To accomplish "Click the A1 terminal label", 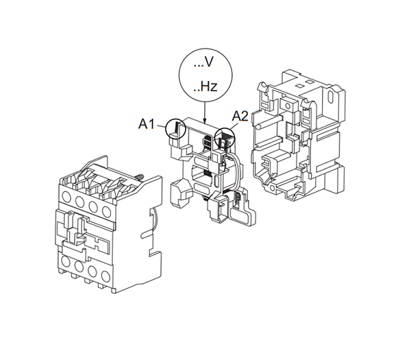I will tap(147, 124).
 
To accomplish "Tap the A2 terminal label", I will tap(239, 117).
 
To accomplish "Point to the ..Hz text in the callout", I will tap(204, 87).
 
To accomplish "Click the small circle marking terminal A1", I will tap(176, 128).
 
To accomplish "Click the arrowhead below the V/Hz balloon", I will tap(205, 121).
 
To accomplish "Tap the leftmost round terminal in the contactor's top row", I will tap(67, 202).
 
